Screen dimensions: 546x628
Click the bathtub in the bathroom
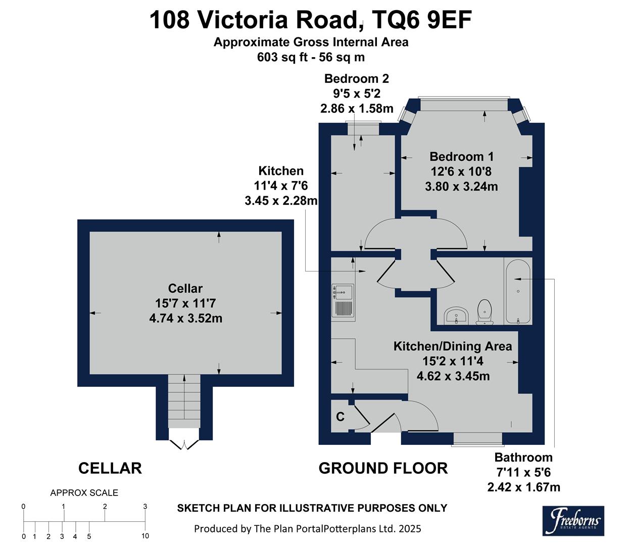(517, 291)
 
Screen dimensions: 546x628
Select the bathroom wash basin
(457, 316)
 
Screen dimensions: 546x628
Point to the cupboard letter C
(341, 417)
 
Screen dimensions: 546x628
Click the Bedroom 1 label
(461, 157)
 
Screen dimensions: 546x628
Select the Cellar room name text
(185, 289)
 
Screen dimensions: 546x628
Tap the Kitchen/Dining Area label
(453, 346)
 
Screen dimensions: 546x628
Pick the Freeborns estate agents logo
(573, 521)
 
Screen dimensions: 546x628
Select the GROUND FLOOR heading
(383, 469)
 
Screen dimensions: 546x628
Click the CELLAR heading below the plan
(110, 469)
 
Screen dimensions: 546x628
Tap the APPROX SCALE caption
(84, 493)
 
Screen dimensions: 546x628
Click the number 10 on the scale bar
(145, 536)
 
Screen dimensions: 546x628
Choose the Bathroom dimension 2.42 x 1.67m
(523, 487)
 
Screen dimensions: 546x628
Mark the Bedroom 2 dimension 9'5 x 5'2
(356, 94)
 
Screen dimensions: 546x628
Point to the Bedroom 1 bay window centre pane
(463, 104)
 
